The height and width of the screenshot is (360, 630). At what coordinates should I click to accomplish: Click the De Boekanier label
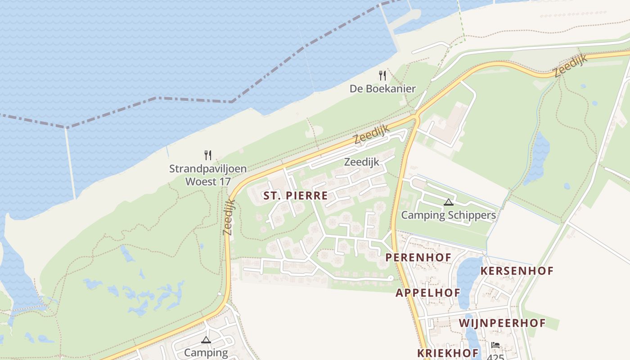click(382, 89)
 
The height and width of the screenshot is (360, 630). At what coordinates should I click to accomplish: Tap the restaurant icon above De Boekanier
click(382, 75)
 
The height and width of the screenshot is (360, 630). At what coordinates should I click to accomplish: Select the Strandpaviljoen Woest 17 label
click(208, 175)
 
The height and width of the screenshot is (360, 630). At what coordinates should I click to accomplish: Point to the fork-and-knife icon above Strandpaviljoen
click(208, 155)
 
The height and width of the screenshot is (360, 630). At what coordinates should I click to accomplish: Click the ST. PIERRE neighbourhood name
click(296, 196)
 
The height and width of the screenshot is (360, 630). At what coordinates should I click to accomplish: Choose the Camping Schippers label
click(448, 215)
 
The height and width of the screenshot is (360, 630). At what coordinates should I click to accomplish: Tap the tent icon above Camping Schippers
click(448, 202)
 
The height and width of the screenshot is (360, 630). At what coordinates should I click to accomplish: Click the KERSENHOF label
click(517, 271)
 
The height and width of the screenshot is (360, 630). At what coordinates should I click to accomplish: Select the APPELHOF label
click(428, 293)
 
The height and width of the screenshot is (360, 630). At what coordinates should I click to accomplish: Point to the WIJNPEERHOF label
click(502, 323)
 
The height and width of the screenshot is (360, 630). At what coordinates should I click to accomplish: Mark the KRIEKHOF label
click(448, 353)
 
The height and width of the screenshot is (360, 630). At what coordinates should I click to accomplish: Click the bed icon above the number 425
click(495, 345)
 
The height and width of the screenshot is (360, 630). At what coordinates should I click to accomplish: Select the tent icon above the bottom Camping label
click(206, 340)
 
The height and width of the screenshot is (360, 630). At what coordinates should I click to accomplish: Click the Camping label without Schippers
click(206, 352)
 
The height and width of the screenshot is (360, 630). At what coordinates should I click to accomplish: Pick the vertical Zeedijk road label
click(229, 217)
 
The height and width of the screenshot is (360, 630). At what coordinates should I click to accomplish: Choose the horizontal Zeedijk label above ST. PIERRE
click(362, 162)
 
